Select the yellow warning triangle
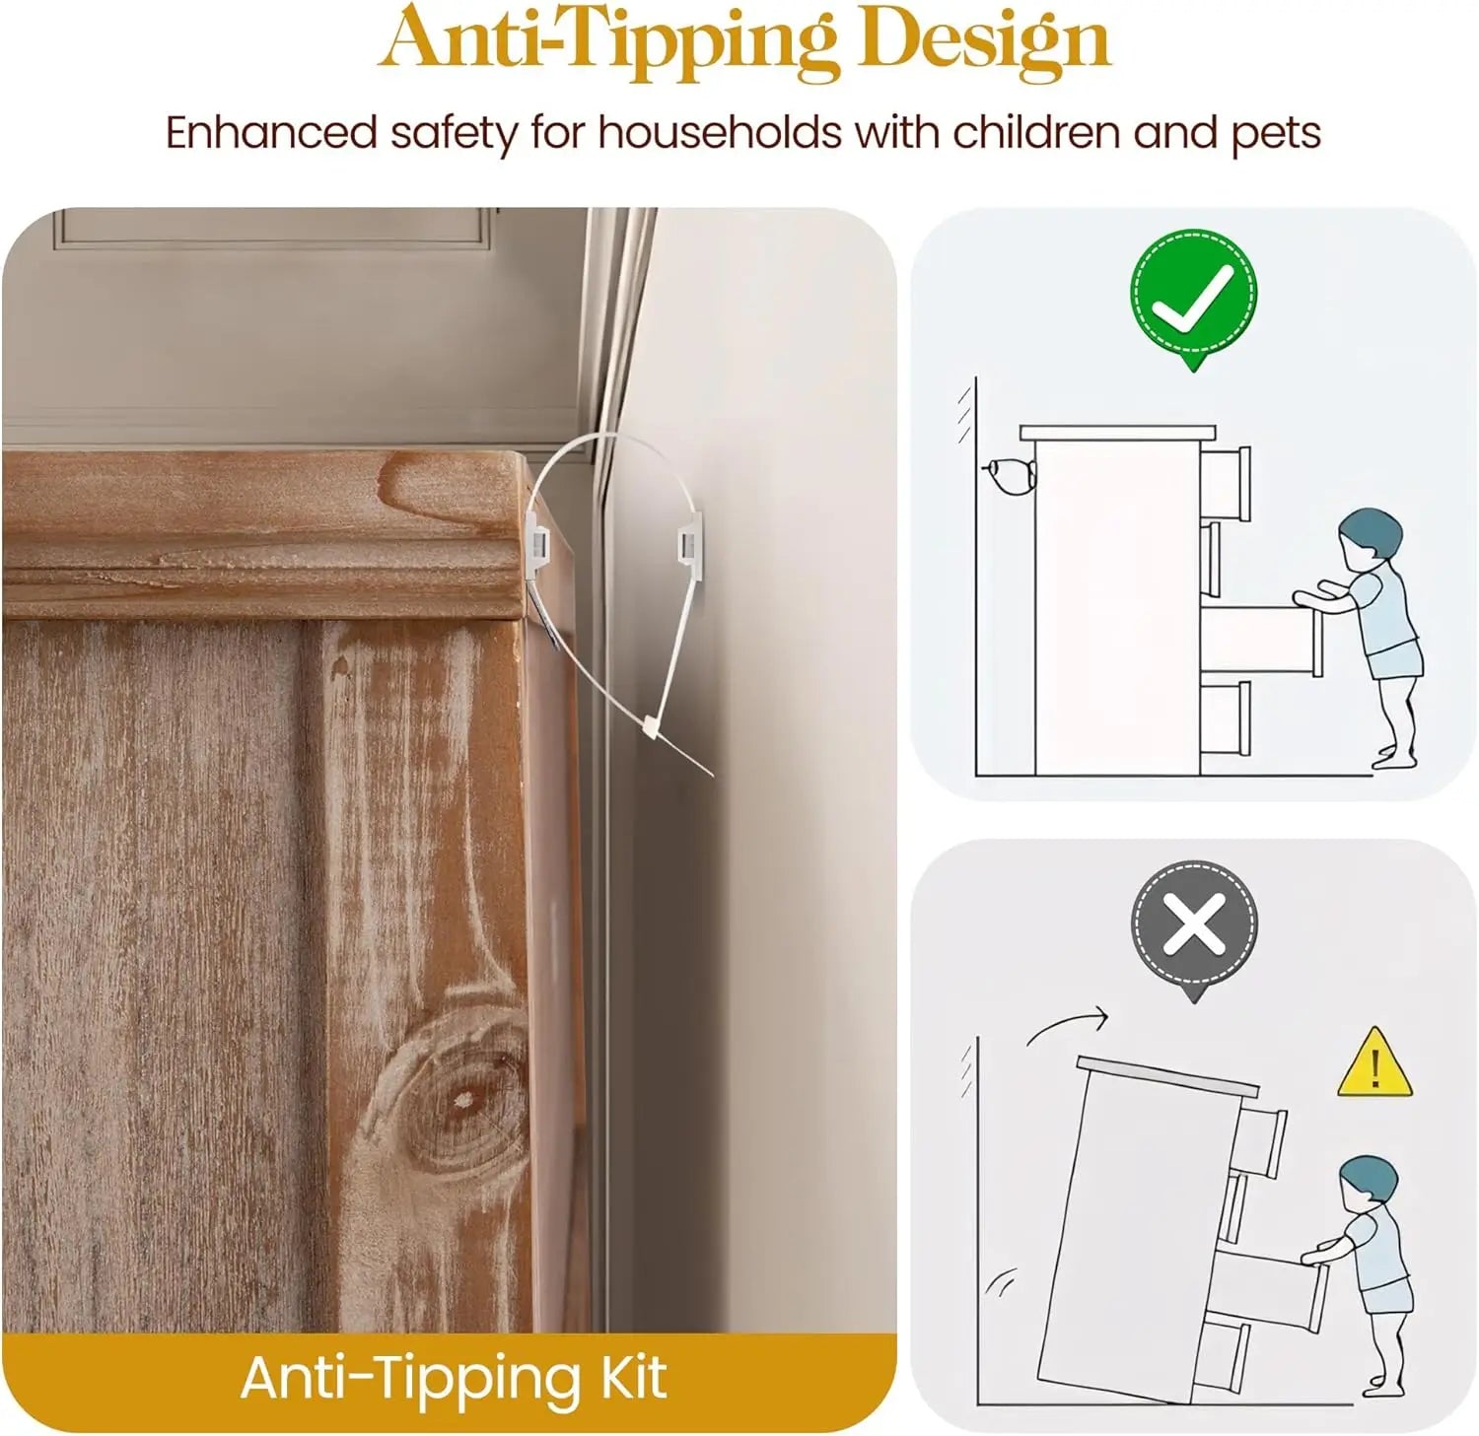pos(1373,1062)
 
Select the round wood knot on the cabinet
pos(457,1097)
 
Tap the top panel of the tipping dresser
pos(1167,1076)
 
